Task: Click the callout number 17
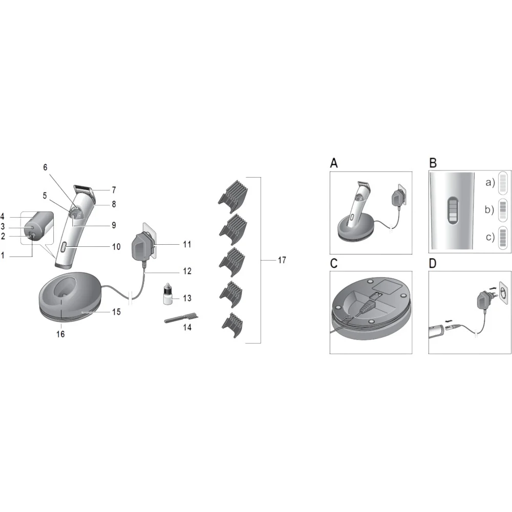tap(282, 260)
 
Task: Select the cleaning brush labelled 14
tap(182, 318)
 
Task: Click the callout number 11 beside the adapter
tap(187, 244)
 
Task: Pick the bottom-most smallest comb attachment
tap(233, 325)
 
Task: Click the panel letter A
tap(334, 163)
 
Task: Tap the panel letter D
tap(433, 263)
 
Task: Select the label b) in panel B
tap(489, 209)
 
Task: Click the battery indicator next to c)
tap(503, 238)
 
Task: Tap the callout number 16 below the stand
tap(60, 334)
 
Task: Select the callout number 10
tap(116, 247)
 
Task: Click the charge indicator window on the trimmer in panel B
tap(453, 211)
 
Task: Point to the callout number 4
tap(2, 216)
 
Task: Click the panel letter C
tap(334, 263)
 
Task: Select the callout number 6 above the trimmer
tap(46, 167)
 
